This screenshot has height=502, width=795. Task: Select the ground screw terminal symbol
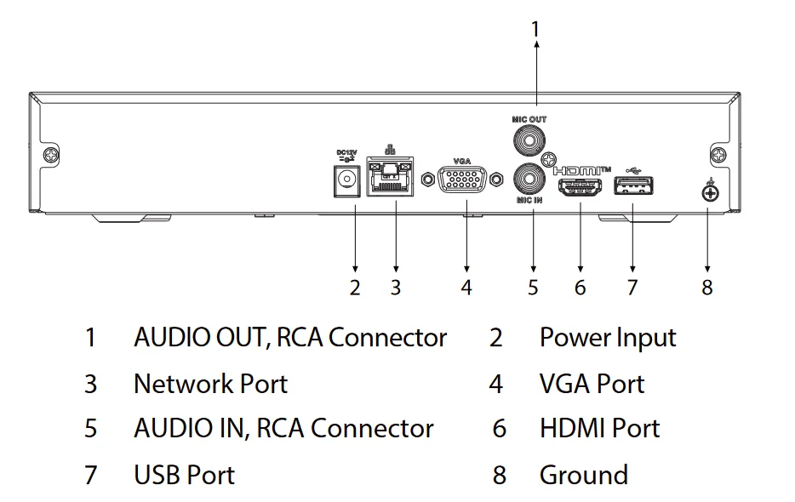(x=707, y=193)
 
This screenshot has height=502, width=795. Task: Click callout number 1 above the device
(x=535, y=29)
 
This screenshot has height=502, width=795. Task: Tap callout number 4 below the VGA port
(x=466, y=288)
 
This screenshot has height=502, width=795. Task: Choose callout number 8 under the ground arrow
(x=706, y=288)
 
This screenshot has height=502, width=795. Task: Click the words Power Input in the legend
(x=607, y=338)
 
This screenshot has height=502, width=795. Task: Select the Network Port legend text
(x=210, y=384)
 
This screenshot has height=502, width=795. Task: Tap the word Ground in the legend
(x=583, y=475)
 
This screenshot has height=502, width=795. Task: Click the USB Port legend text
(x=184, y=475)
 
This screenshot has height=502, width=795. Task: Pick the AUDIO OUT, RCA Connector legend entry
(x=289, y=338)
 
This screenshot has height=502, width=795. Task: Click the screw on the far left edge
(x=51, y=156)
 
